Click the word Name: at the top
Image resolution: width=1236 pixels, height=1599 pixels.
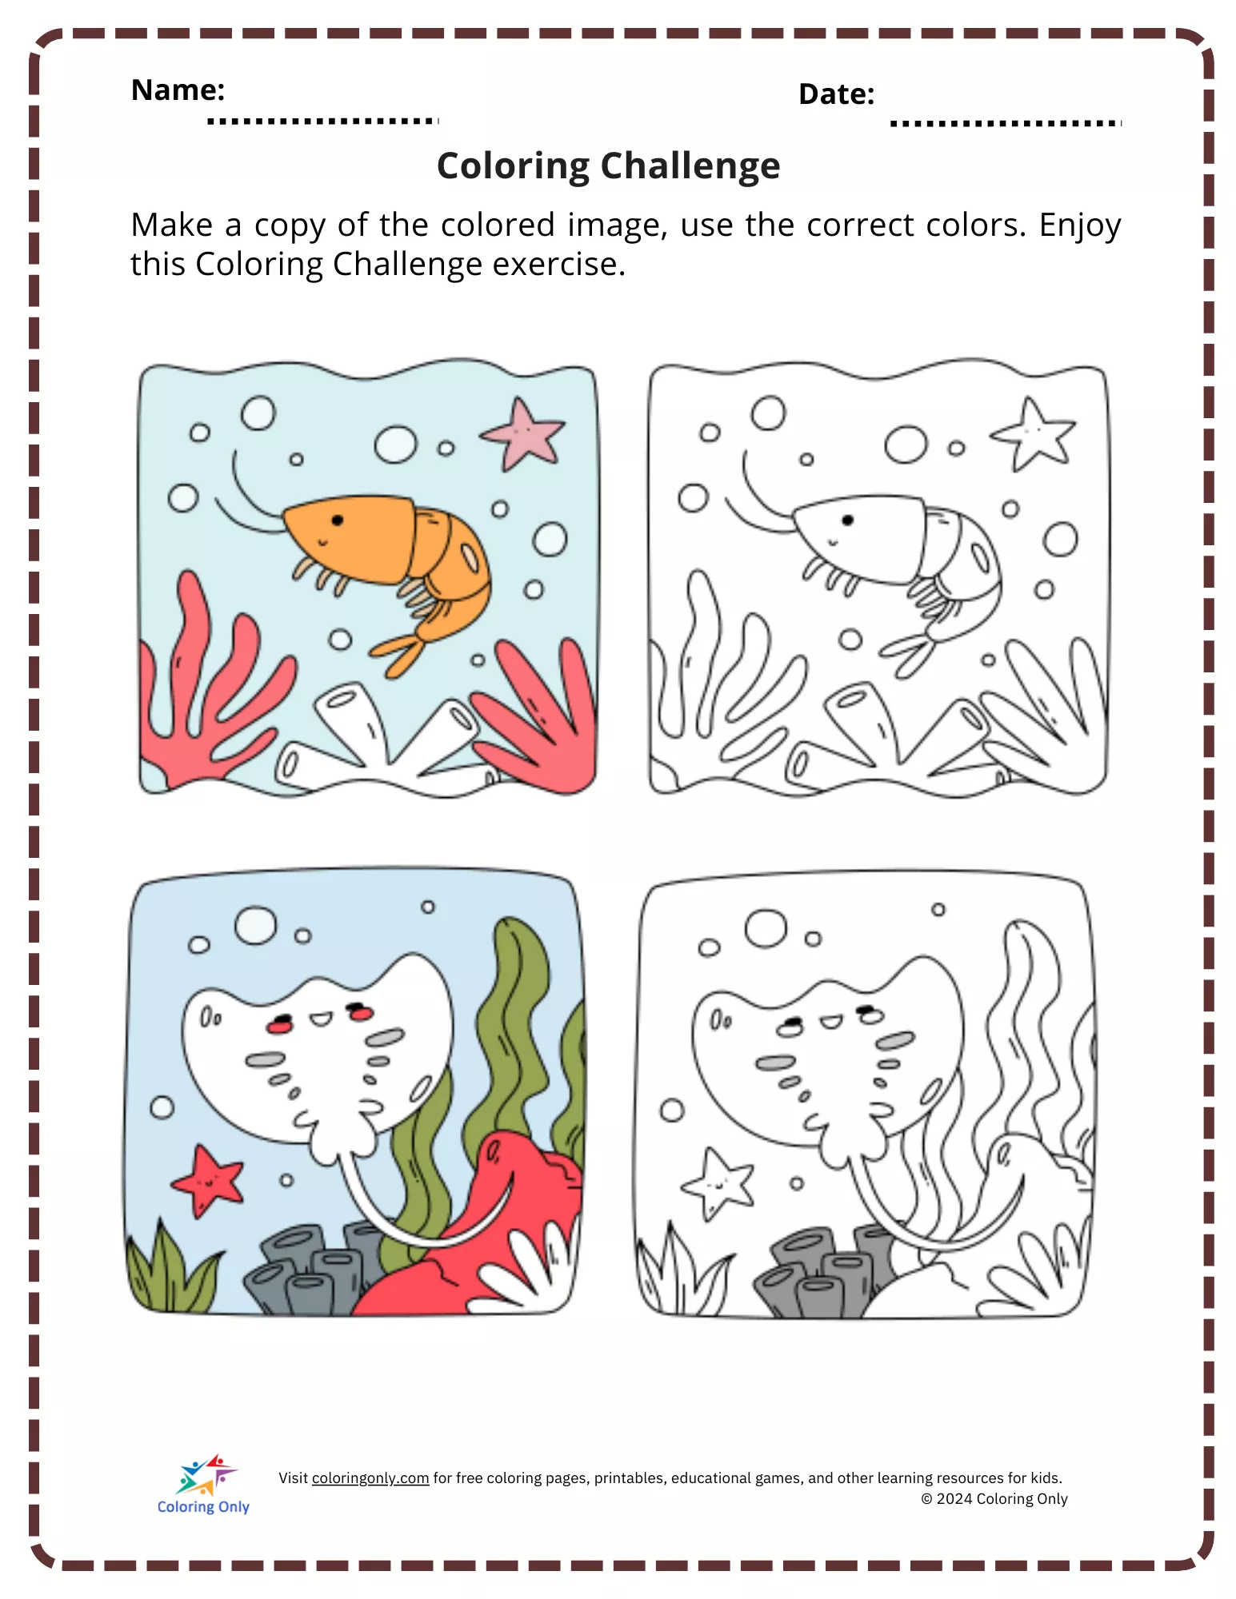pyautogui.click(x=178, y=90)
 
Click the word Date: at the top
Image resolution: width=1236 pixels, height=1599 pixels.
pyautogui.click(x=836, y=94)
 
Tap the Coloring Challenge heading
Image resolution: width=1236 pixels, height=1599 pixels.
pyautogui.click(x=608, y=166)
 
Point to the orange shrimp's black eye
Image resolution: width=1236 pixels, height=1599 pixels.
pyautogui.click(x=338, y=520)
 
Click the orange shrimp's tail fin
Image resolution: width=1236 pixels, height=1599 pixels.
pyautogui.click(x=400, y=652)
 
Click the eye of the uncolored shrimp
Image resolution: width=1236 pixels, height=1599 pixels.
pyautogui.click(x=848, y=520)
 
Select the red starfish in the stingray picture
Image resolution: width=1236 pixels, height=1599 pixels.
pyautogui.click(x=207, y=1181)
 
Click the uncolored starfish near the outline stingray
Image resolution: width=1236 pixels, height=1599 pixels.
pyautogui.click(x=718, y=1183)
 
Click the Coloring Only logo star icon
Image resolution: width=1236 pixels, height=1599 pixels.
pyautogui.click(x=206, y=1474)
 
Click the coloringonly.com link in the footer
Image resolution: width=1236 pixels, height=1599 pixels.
pyautogui.click(x=370, y=1478)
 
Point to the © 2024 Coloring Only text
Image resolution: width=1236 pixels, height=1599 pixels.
pyautogui.click(x=994, y=1499)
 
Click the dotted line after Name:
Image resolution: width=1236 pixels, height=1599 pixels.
pyautogui.click(x=323, y=121)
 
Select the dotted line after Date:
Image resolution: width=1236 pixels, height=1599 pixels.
pyautogui.click(x=1006, y=123)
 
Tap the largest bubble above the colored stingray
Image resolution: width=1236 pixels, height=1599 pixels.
pyautogui.click(x=255, y=926)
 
